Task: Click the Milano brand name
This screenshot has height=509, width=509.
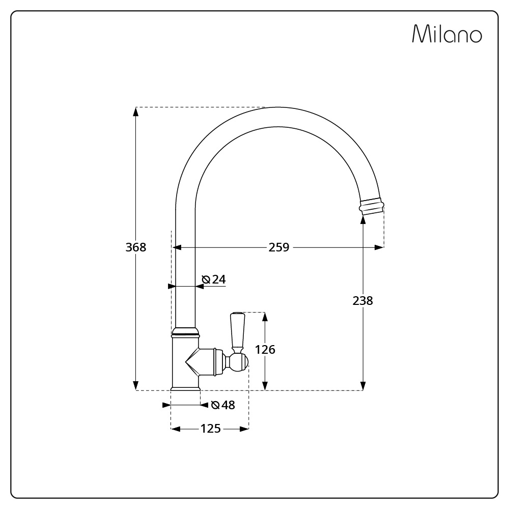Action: pyautogui.click(x=447, y=34)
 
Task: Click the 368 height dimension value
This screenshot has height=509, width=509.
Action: pyautogui.click(x=136, y=247)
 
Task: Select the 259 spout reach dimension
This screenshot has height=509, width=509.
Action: pyautogui.click(x=279, y=247)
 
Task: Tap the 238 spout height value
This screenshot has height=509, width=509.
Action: pyautogui.click(x=363, y=301)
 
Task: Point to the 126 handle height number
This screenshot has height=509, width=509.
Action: pyautogui.click(x=265, y=350)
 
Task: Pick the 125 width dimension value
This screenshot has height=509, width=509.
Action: pyautogui.click(x=211, y=429)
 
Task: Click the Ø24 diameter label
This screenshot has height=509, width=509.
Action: pyautogui.click(x=214, y=279)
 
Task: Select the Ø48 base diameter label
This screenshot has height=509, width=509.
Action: pyautogui.click(x=223, y=405)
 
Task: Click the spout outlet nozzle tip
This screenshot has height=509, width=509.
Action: pyautogui.click(x=372, y=206)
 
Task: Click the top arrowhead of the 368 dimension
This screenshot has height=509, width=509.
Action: pyautogui.click(x=136, y=111)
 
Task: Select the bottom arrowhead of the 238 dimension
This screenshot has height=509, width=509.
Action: pyautogui.click(x=363, y=386)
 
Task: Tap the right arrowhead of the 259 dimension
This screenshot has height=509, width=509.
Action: pyautogui.click(x=379, y=247)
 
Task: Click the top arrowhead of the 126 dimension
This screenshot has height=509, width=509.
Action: pyautogui.click(x=265, y=317)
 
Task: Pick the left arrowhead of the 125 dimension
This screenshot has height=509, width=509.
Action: pyautogui.click(x=176, y=429)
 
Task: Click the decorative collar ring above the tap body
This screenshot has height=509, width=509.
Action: pyautogui.click(x=185, y=332)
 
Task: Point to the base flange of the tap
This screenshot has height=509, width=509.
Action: pyautogui.click(x=185, y=388)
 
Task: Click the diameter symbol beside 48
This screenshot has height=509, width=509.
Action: pyautogui.click(x=215, y=405)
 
